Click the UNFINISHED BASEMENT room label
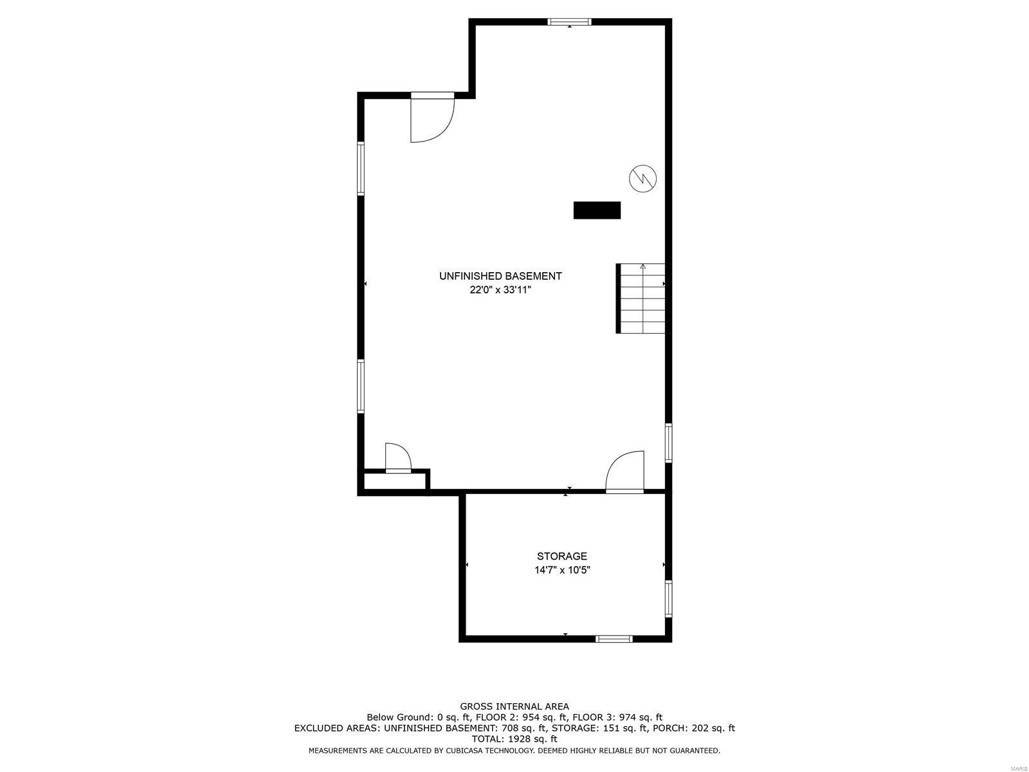(500, 276)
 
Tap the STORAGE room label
(562, 556)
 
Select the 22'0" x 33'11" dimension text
(500, 290)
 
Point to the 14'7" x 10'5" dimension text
(562, 570)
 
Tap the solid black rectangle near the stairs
(597, 210)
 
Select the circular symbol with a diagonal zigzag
(642, 178)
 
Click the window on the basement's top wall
(569, 22)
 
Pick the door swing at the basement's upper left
(432, 118)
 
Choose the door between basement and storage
(625, 473)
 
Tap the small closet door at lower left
(398, 458)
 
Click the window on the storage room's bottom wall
(614, 639)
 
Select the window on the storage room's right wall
(668, 598)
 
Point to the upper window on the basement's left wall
(361, 168)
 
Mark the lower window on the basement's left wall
(361, 386)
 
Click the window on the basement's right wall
(668, 443)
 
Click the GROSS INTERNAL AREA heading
(514, 706)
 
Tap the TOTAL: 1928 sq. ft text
(514, 740)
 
